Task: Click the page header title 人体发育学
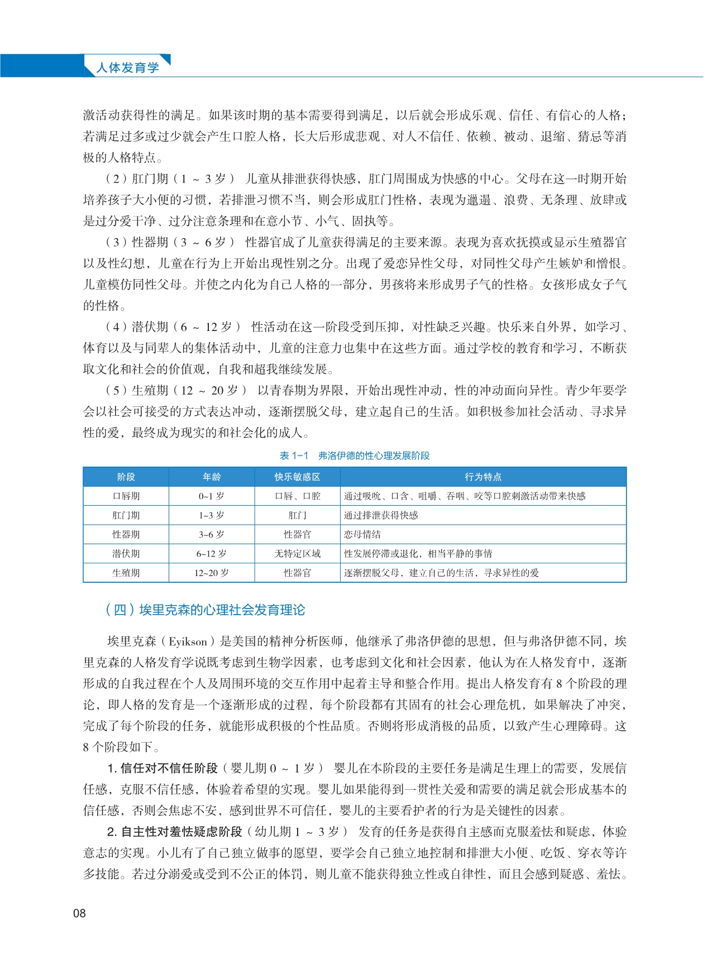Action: [127, 68]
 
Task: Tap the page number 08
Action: [79, 913]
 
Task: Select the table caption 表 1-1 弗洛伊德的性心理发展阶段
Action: [355, 455]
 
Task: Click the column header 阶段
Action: [126, 477]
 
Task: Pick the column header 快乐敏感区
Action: [297, 477]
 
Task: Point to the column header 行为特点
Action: [483, 477]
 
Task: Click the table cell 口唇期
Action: [126, 496]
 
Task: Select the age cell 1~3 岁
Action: [212, 515]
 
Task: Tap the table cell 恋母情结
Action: [362, 534]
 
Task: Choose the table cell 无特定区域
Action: [297, 554]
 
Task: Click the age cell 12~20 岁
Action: [212, 573]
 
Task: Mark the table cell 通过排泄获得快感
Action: [381, 515]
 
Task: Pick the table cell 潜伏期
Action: [126, 554]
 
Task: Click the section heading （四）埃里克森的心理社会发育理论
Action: [205, 610]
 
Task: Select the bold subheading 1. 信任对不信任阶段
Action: [163, 769]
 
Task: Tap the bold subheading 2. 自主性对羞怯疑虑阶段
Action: [175, 832]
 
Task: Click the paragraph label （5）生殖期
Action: [137, 391]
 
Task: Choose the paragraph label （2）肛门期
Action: [137, 179]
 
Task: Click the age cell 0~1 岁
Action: [212, 496]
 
